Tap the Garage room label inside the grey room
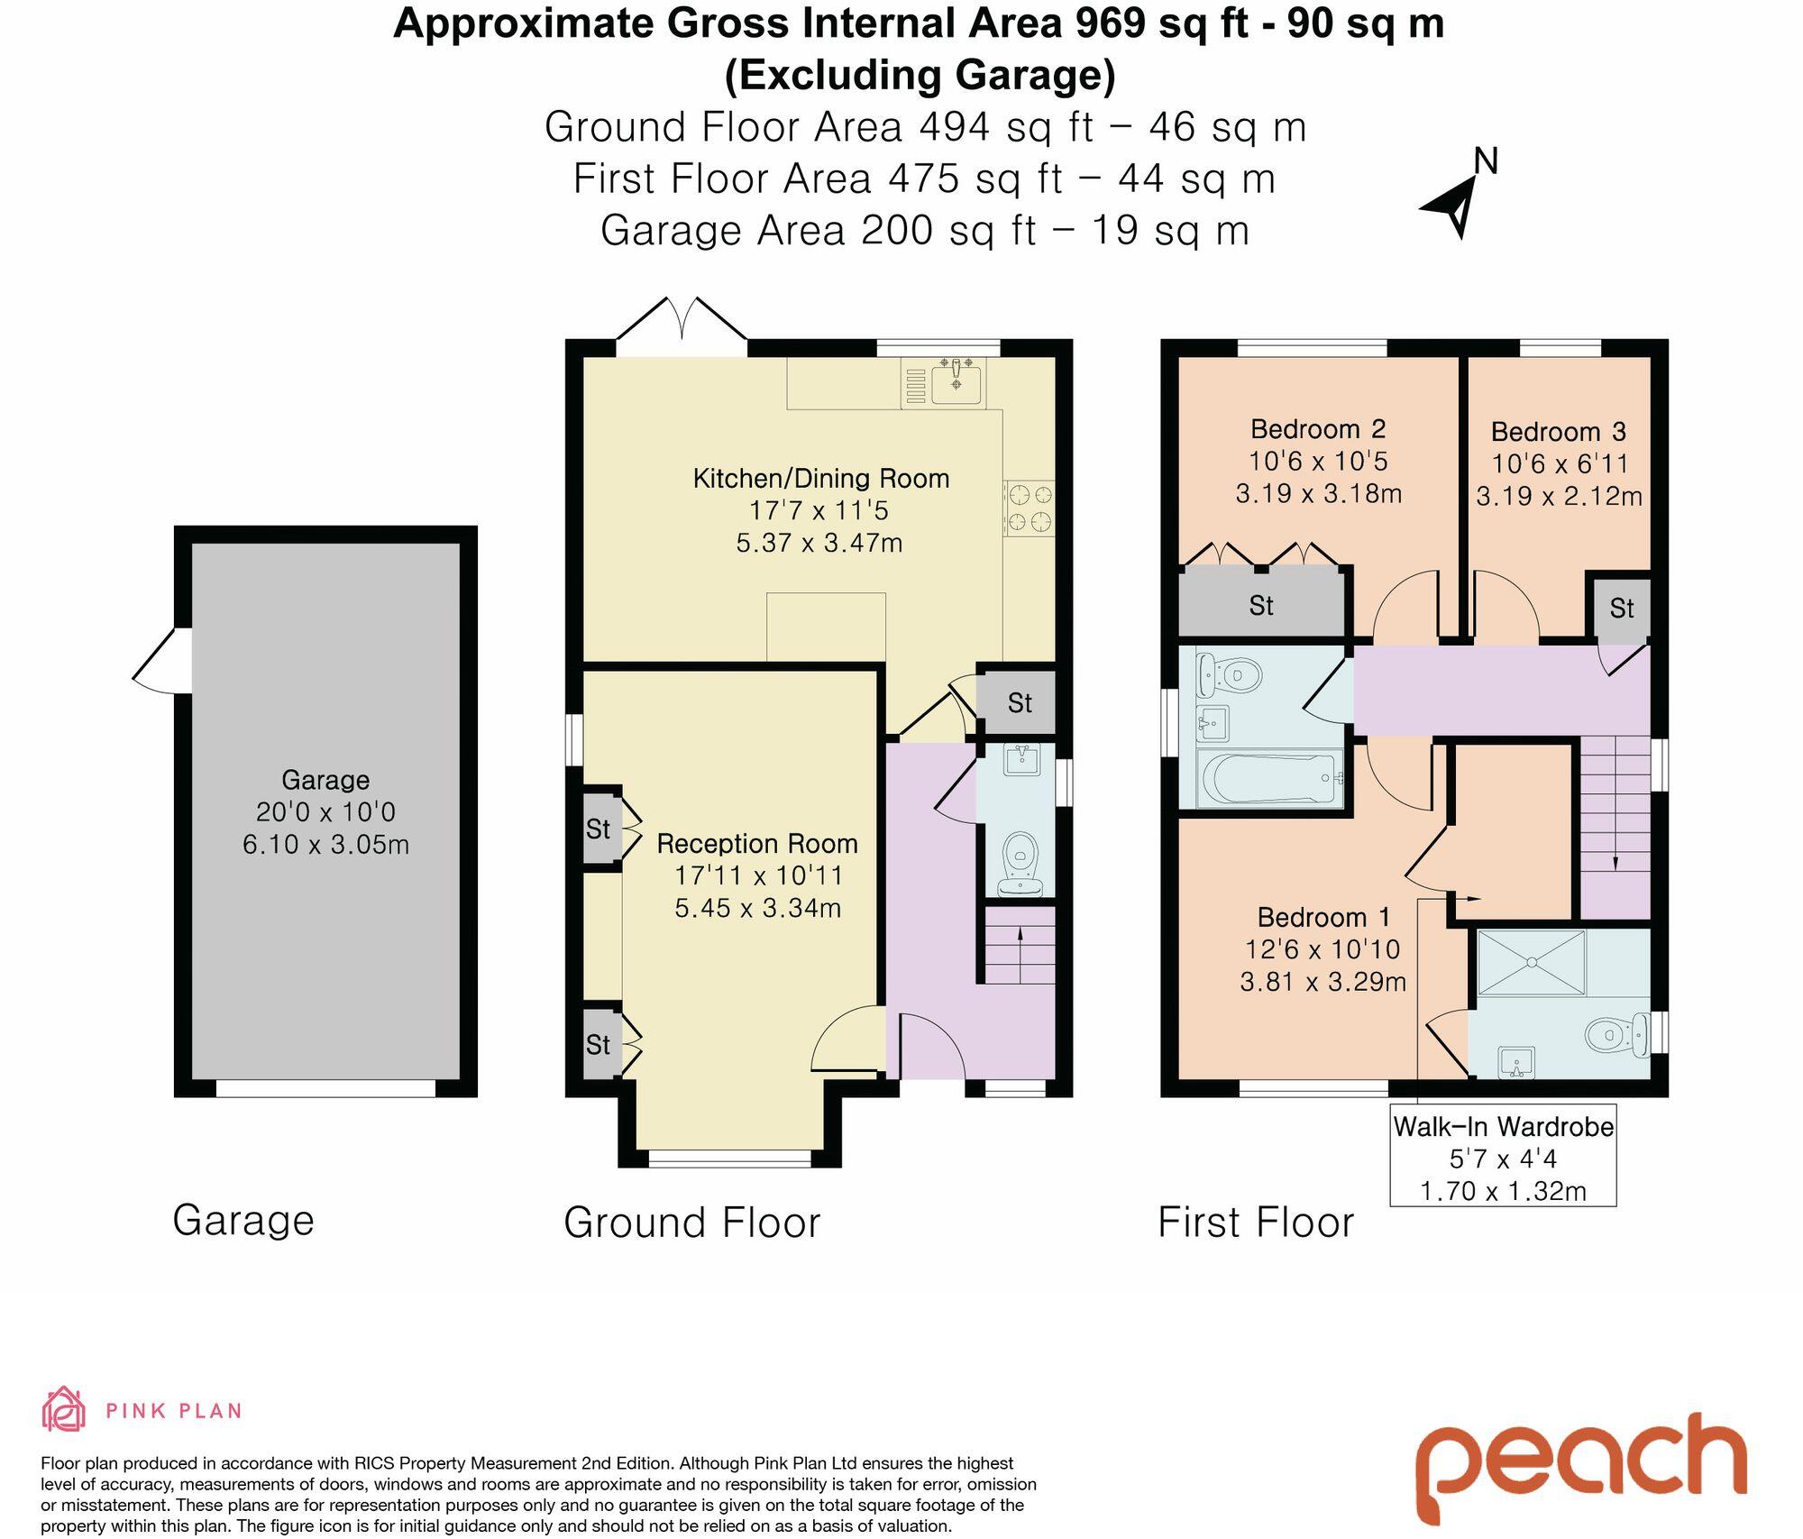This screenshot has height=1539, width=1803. click(325, 779)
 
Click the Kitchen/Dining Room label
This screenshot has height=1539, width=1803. click(820, 478)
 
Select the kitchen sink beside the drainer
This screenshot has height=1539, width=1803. click(956, 380)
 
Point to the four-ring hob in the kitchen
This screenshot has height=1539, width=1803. click(1030, 508)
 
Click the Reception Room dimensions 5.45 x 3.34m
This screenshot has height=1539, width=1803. click(757, 907)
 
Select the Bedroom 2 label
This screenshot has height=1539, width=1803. click(1317, 428)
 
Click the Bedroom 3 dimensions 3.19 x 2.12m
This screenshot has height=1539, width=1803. click(1558, 496)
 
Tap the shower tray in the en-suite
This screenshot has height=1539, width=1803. click(1531, 962)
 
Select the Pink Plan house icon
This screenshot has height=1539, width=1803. click(63, 1409)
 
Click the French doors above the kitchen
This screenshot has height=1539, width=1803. click(682, 323)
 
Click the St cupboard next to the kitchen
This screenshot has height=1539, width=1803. click(1019, 702)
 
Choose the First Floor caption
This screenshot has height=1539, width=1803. click(1255, 1223)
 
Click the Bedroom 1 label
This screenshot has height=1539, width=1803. click(1323, 917)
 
